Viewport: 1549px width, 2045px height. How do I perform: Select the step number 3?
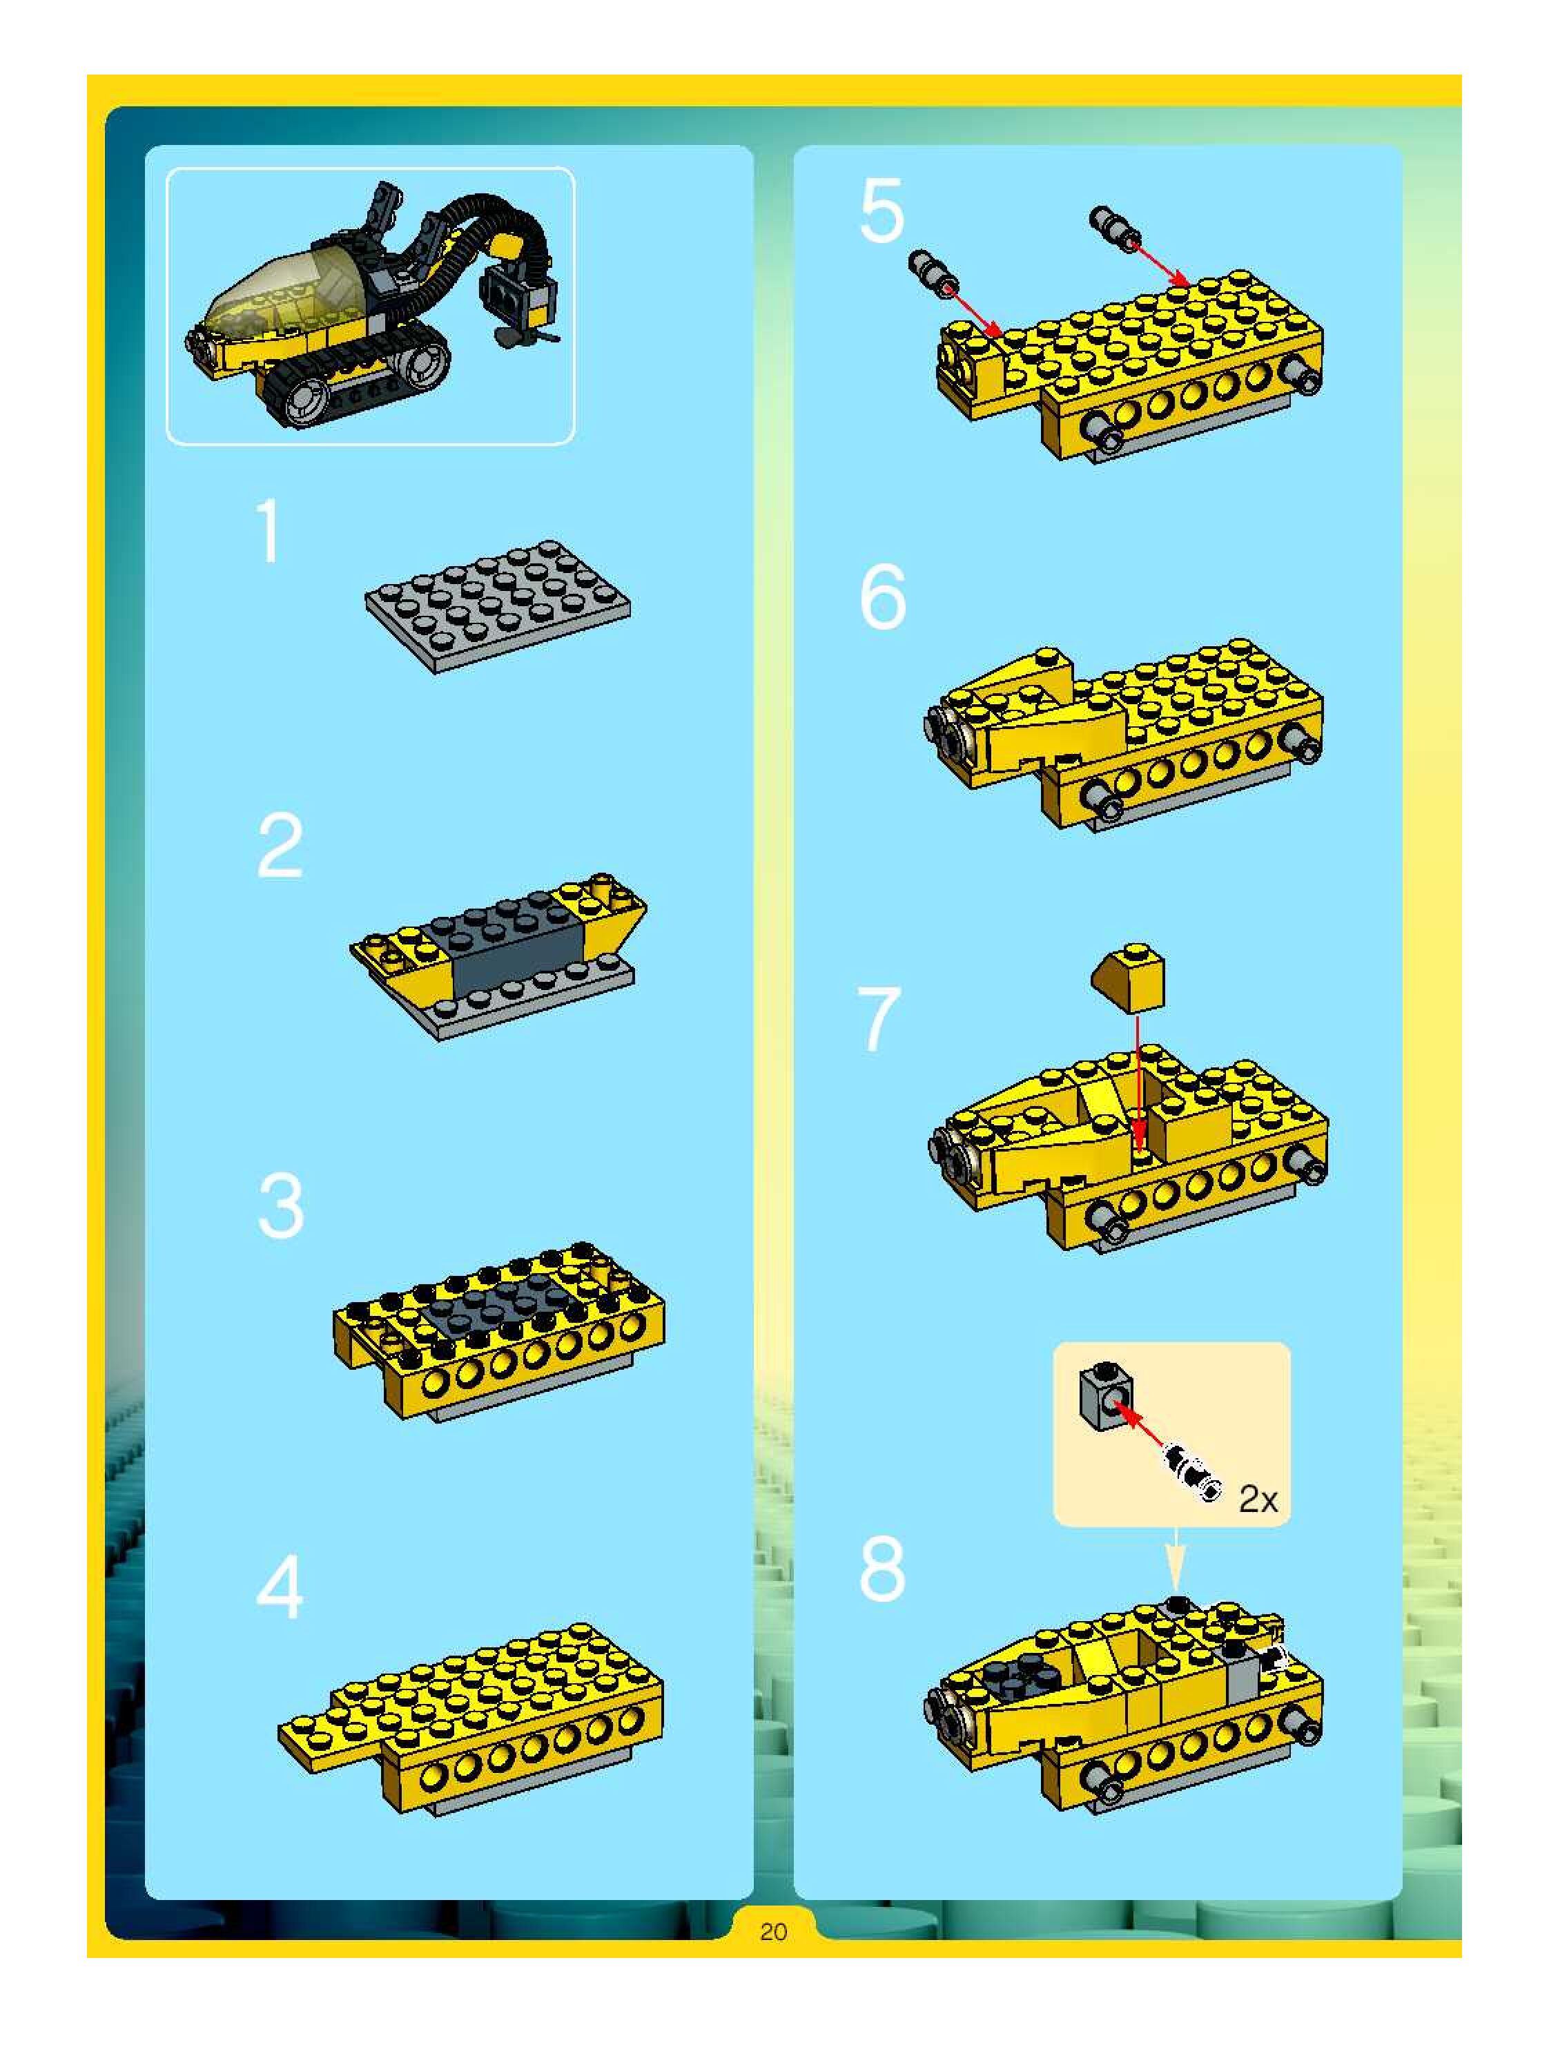(x=281, y=1205)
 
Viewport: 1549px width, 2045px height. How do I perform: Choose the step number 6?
(x=883, y=598)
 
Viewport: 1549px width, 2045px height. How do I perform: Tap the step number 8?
(x=883, y=1569)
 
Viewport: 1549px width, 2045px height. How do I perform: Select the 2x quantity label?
(x=1257, y=1500)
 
